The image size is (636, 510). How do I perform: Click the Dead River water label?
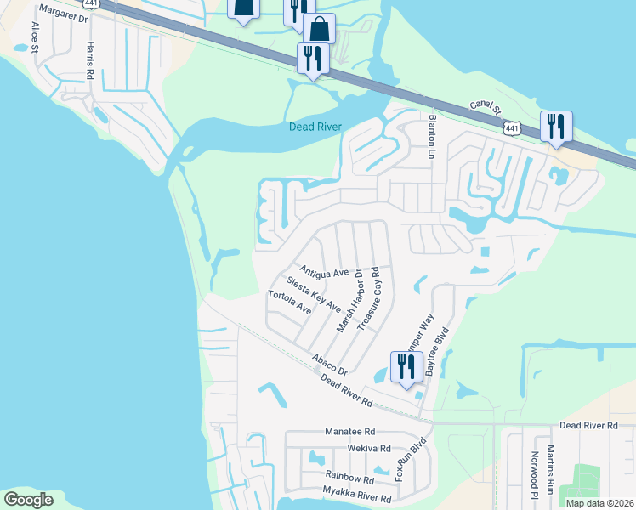tap(315, 127)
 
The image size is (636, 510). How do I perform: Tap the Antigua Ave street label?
tap(325, 270)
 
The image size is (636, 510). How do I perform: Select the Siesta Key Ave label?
tap(314, 294)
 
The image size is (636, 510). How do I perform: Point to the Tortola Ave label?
tap(290, 303)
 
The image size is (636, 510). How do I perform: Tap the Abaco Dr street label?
tap(329, 365)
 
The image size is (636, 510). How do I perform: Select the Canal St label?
tap(486, 112)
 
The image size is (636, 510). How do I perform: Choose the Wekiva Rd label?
tap(368, 448)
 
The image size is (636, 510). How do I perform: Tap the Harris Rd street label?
tap(88, 61)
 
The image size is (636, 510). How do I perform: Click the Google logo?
tap(28, 499)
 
